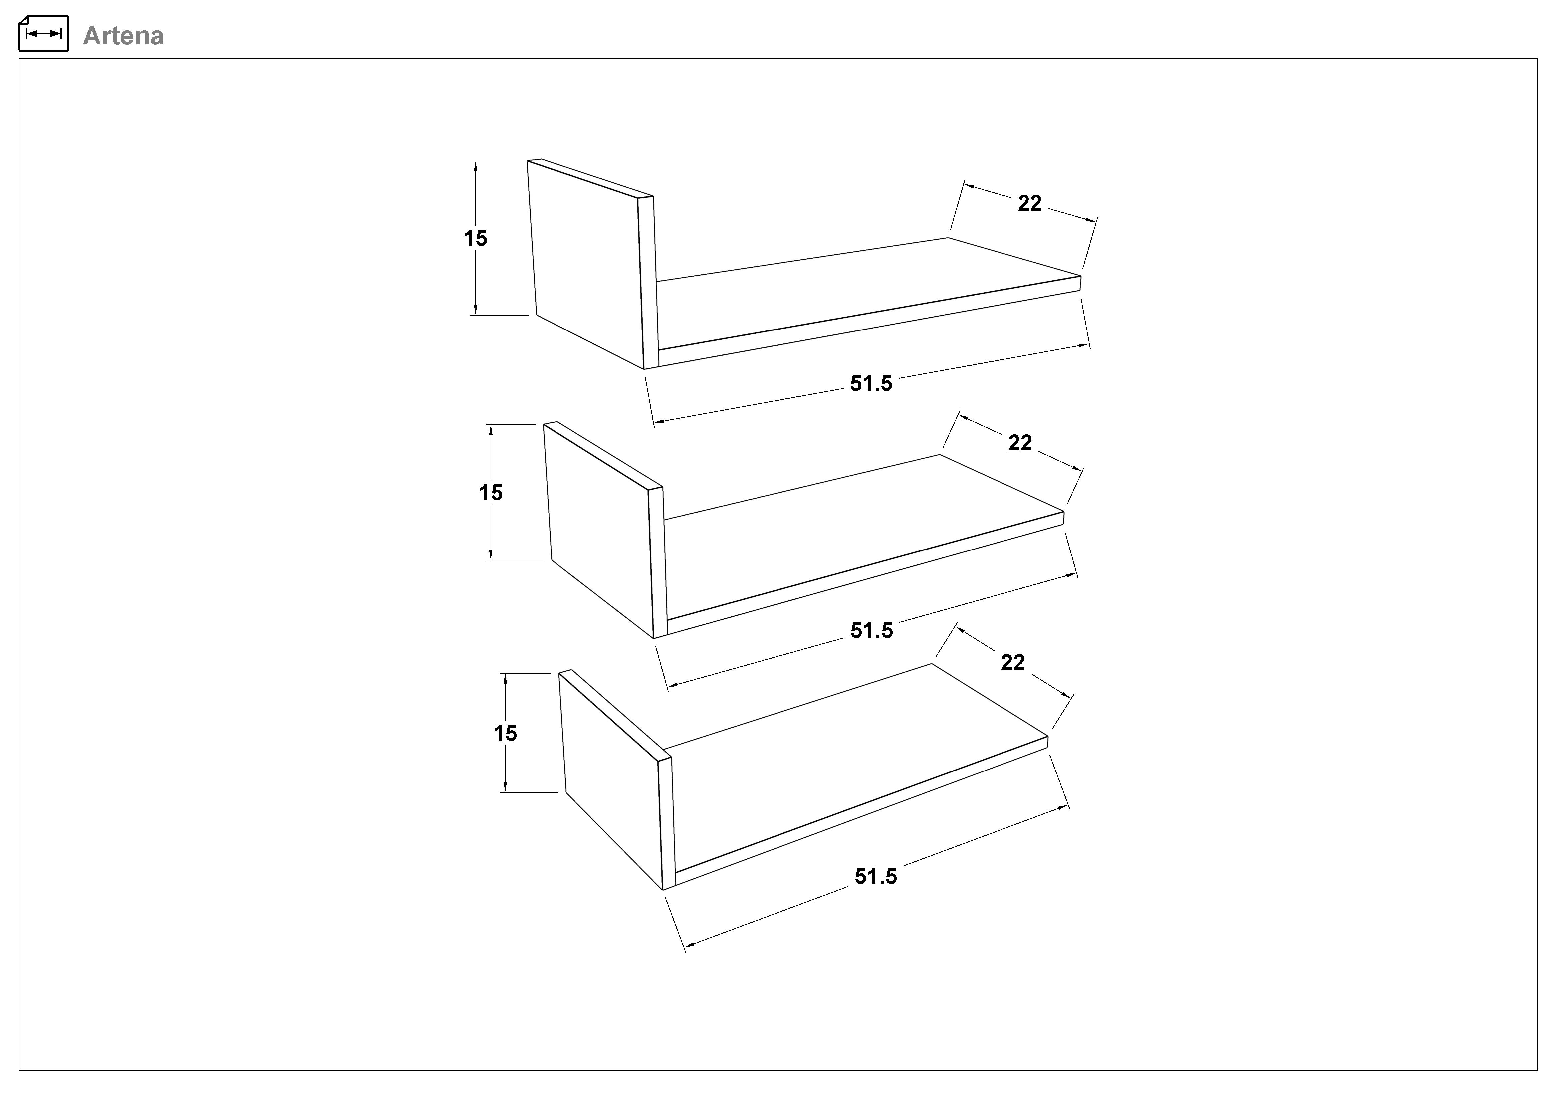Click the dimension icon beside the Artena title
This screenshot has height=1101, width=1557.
(x=43, y=33)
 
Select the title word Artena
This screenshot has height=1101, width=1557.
(x=123, y=36)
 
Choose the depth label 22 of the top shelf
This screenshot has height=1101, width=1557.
(x=1029, y=203)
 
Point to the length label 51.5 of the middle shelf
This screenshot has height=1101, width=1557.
(x=872, y=630)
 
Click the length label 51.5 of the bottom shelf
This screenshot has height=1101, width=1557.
(x=875, y=877)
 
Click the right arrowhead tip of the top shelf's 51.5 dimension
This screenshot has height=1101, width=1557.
(x=1089, y=345)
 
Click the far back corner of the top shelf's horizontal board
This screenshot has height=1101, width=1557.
(x=948, y=238)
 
